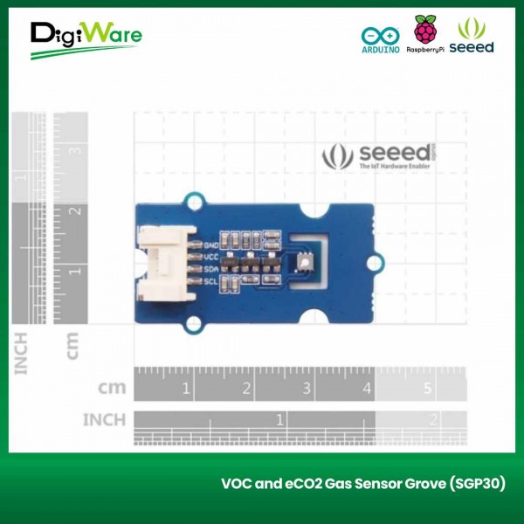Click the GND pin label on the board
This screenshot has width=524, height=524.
[210, 245]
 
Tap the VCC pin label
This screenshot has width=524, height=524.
[210, 257]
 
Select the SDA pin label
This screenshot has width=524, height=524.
[210, 269]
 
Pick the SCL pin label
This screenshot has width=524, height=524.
[210, 280]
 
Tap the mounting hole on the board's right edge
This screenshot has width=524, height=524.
[376, 259]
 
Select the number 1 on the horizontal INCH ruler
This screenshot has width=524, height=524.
[279, 420]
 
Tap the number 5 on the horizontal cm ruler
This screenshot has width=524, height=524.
[428, 389]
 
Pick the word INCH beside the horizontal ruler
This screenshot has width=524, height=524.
[103, 420]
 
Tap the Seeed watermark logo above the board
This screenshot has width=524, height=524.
[390, 155]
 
